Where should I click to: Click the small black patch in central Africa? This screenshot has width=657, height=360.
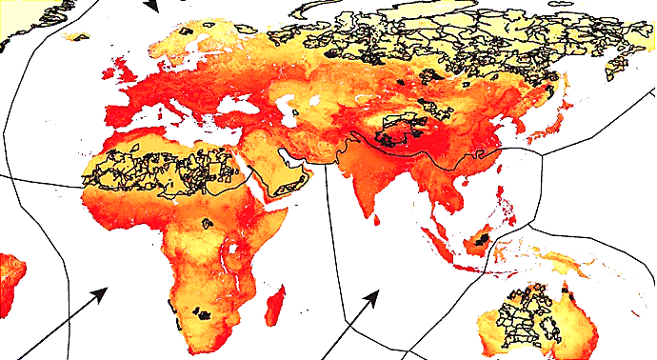(x=205, y=224)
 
